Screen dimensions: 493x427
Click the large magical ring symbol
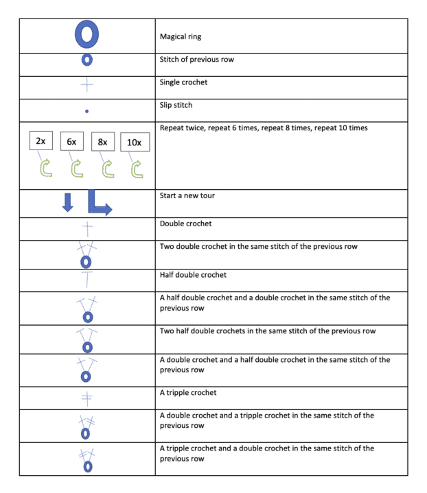pyautogui.click(x=87, y=35)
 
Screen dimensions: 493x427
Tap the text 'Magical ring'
pyautogui.click(x=181, y=36)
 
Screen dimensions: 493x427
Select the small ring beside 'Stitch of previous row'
pyautogui.click(x=87, y=60)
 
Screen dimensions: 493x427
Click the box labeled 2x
pyautogui.click(x=41, y=141)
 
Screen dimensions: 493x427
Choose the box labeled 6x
pyautogui.click(x=71, y=141)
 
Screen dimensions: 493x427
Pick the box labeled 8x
pyautogui.click(x=103, y=141)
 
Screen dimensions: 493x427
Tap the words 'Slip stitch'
pyautogui.click(x=176, y=105)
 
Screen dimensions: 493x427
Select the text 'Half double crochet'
pyautogui.click(x=192, y=274)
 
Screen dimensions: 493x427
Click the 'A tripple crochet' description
pyautogui.click(x=188, y=392)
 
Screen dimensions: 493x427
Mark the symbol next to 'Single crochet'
pyautogui.click(x=87, y=86)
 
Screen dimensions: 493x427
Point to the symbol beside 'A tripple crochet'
pyautogui.click(x=87, y=397)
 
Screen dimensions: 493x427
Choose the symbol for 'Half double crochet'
pyautogui.click(x=87, y=278)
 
